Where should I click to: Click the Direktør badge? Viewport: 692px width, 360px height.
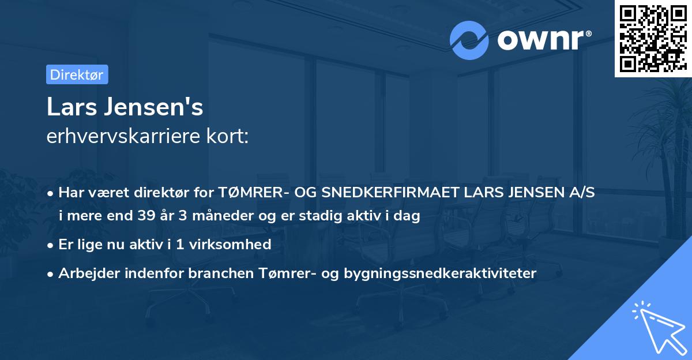(x=77, y=74)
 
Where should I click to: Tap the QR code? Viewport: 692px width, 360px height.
(x=653, y=39)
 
